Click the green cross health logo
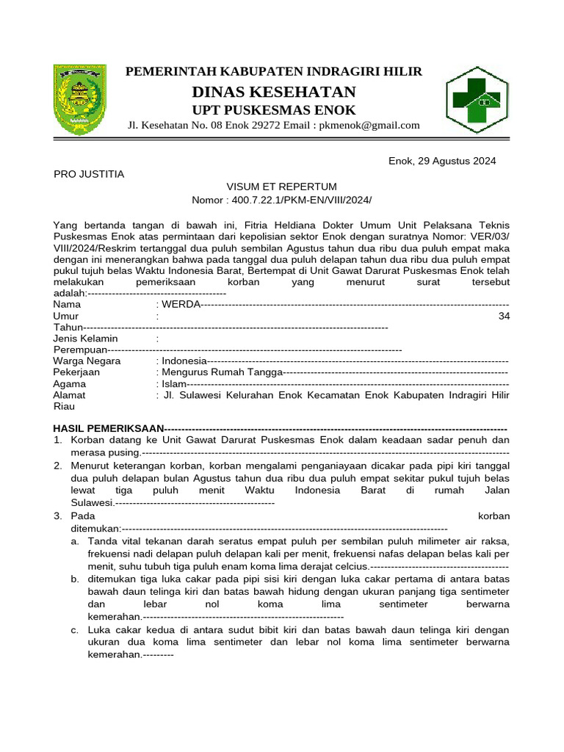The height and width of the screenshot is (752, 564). [x=477, y=99]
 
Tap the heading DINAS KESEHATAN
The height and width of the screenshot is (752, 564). [x=274, y=92]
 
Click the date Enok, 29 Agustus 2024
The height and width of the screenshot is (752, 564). [x=442, y=161]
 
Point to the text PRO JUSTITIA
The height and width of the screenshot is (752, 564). [x=89, y=174]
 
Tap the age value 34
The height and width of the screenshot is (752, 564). [x=503, y=316]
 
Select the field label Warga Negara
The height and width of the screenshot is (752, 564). [x=87, y=361]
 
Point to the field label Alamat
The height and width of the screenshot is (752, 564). [x=70, y=395]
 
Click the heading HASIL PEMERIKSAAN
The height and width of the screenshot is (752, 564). [x=108, y=428]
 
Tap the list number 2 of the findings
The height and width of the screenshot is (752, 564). [x=57, y=466]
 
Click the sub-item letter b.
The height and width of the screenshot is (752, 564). [x=75, y=579]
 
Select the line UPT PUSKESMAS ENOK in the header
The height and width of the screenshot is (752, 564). [x=274, y=110]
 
